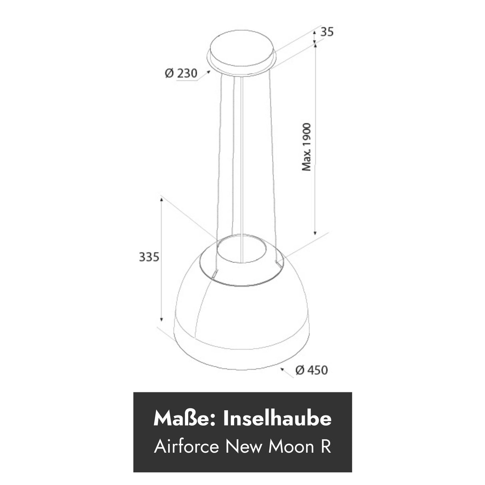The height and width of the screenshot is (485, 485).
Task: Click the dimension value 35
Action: (x=326, y=32)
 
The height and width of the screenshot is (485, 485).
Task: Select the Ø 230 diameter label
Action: (x=181, y=74)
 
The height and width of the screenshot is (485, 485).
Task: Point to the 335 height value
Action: (x=149, y=257)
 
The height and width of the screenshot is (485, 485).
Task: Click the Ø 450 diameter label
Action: (x=311, y=370)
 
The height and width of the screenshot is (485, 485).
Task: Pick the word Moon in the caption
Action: (x=288, y=447)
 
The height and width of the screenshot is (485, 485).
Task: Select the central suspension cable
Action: (x=242, y=160)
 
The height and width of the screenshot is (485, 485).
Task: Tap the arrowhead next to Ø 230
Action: (x=208, y=72)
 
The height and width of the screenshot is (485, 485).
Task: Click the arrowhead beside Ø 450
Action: (x=283, y=370)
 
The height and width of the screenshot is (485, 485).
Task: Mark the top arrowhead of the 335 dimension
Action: (x=161, y=199)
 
